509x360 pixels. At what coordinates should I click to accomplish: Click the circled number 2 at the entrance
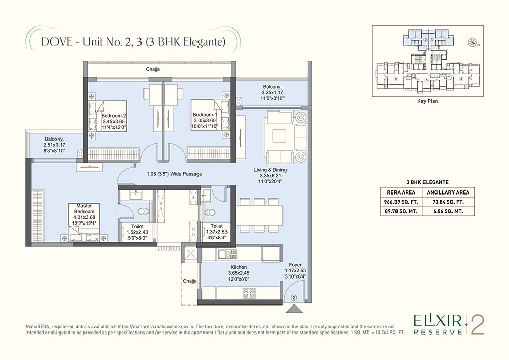pos(294,298)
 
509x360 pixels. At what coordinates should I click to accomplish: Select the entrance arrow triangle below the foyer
pos(294,309)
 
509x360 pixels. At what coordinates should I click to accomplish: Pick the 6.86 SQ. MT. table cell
pos(447,212)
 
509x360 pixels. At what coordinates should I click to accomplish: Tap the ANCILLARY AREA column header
pos(447,192)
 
